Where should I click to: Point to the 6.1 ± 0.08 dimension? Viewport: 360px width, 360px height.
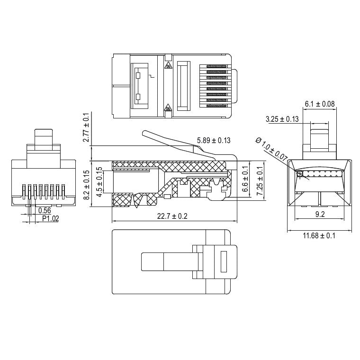pos(319,104)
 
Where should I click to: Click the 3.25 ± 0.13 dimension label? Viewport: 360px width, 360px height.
pos(282,119)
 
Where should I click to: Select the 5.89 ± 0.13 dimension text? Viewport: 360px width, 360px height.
pos(214,140)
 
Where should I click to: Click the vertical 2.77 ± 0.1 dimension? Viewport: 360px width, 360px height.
pos(86,127)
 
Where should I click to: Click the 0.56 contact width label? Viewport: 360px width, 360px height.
pos(45,211)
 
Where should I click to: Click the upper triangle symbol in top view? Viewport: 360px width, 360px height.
pos(168,66)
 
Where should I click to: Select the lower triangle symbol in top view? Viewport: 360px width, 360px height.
pos(168,109)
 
